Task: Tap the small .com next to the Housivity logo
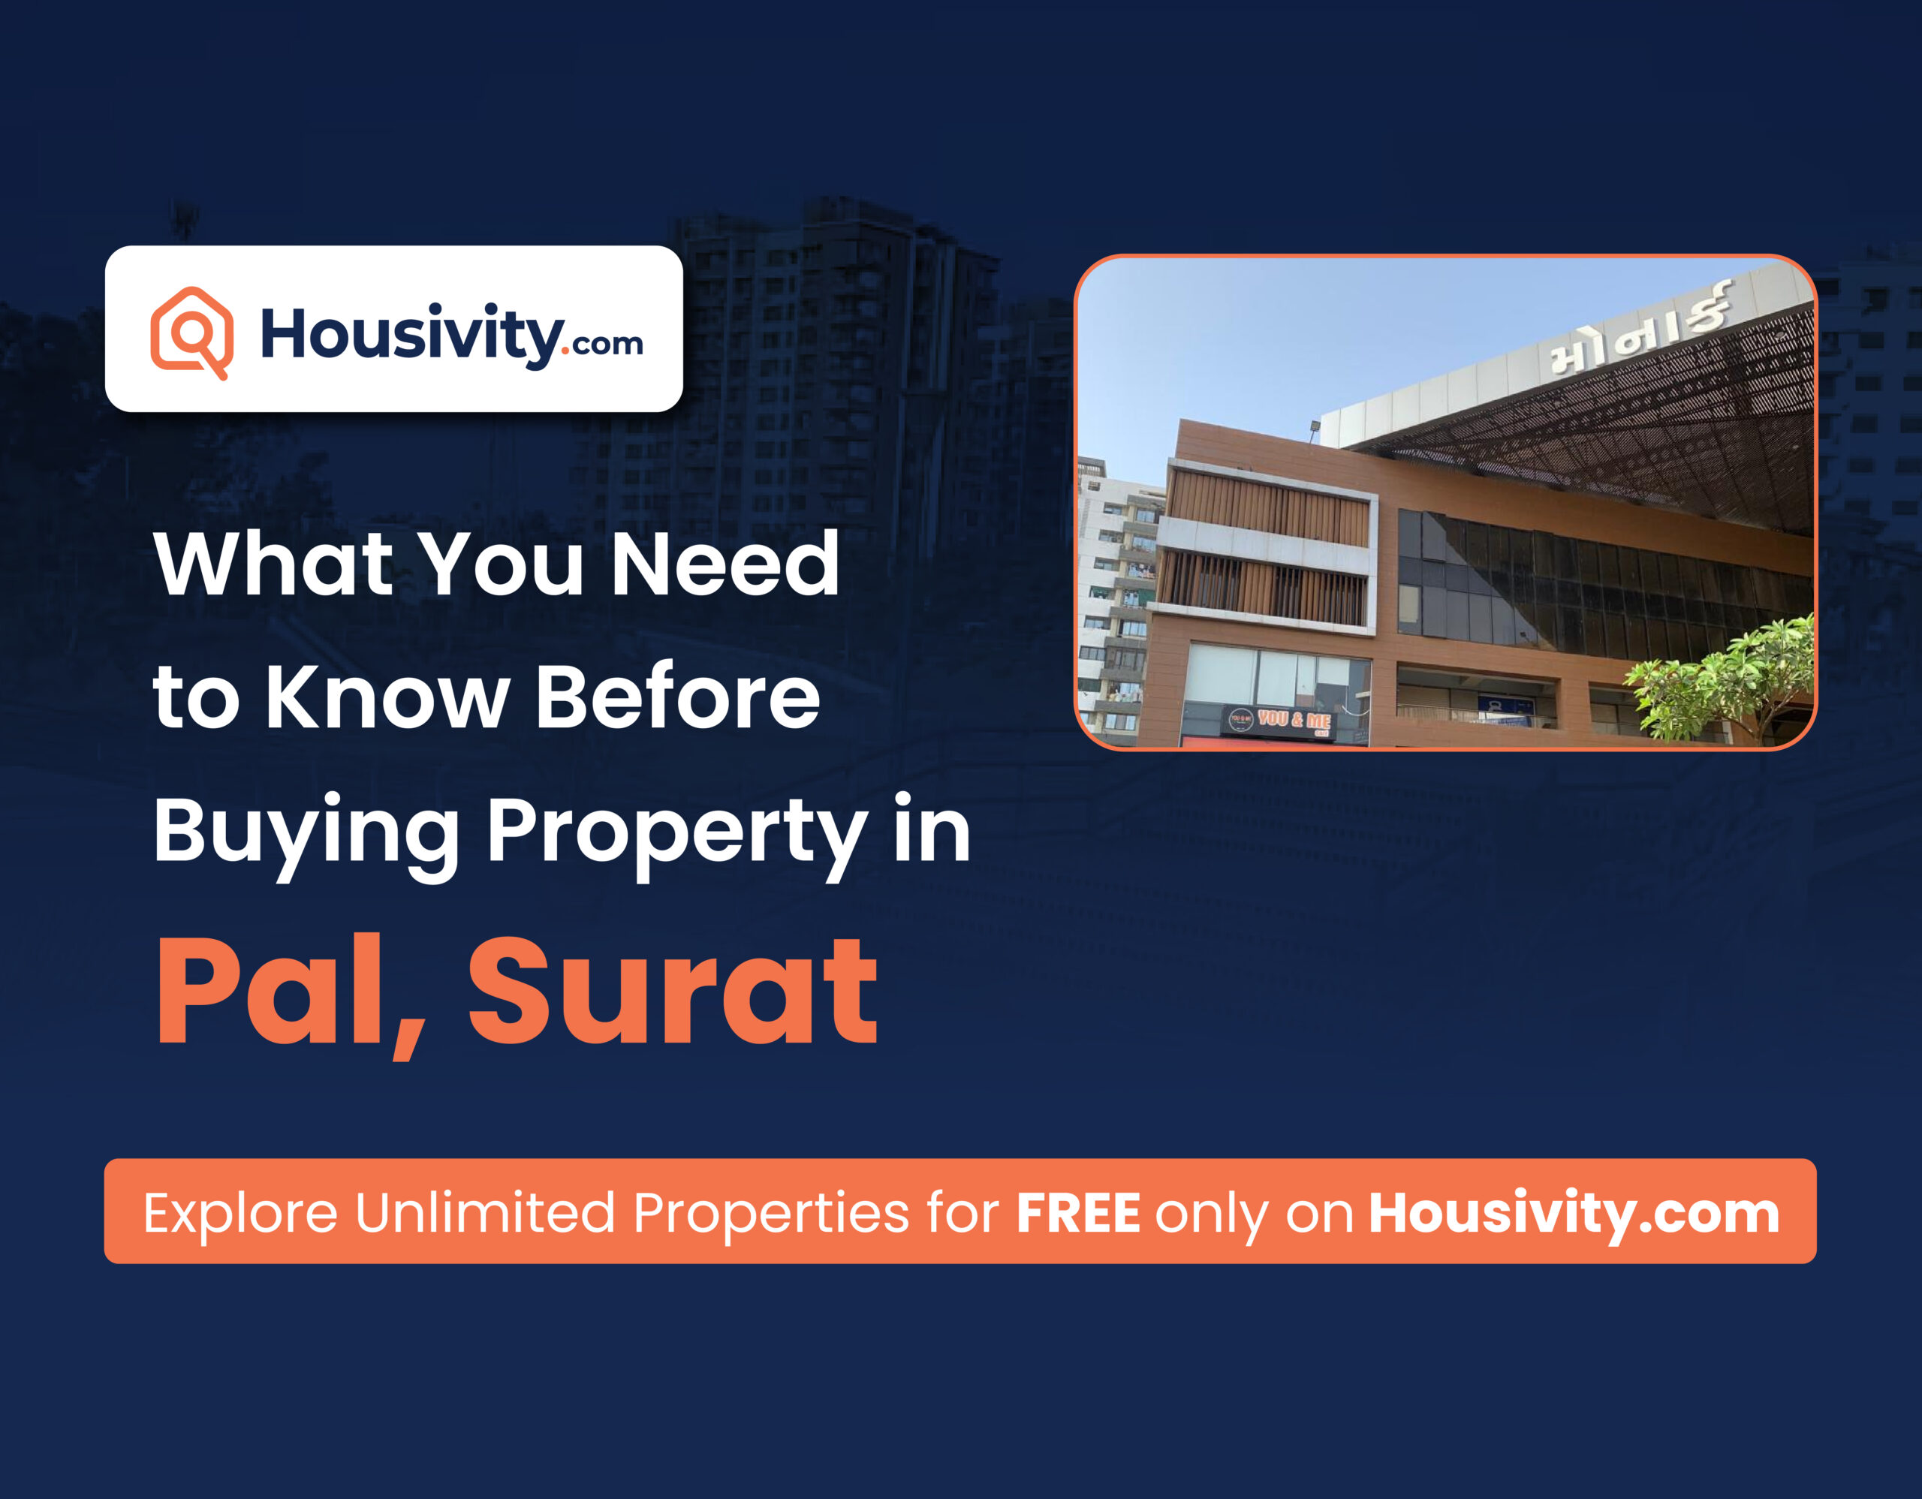(x=607, y=343)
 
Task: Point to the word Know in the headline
(x=387, y=697)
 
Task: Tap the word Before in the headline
(x=678, y=697)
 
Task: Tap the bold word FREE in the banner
(x=1078, y=1213)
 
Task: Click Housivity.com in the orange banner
(x=1574, y=1213)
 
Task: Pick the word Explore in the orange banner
(x=240, y=1213)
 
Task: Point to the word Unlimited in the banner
(x=485, y=1213)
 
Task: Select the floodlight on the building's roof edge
(x=1314, y=429)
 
